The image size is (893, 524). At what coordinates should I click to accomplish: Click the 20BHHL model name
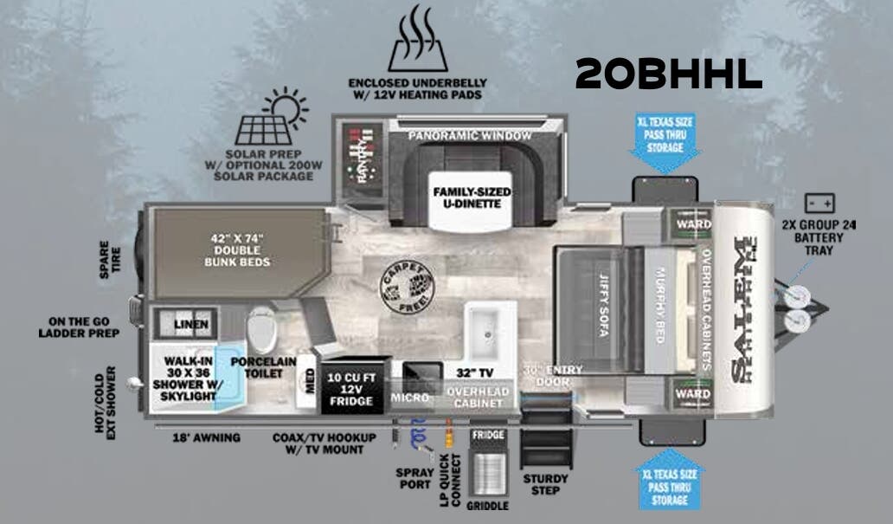[x=668, y=74]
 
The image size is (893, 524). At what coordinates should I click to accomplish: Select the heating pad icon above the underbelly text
[x=418, y=39]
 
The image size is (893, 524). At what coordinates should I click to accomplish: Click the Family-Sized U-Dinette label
[x=472, y=200]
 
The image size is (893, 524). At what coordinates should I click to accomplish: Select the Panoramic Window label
[x=470, y=136]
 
